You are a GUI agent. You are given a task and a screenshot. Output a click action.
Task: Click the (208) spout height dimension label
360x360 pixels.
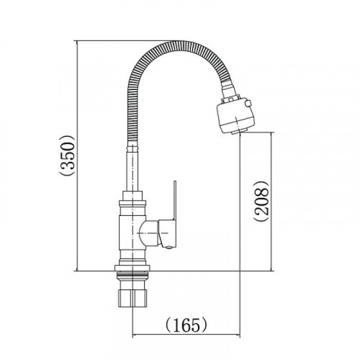point(261,201)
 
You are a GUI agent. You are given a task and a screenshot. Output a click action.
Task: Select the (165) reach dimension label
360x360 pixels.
point(186,325)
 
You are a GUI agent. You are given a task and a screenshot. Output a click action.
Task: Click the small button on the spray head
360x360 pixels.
point(248,103)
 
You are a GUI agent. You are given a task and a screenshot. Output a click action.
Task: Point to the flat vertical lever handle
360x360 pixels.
point(175,200)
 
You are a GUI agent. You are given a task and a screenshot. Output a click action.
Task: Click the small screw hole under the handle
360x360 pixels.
point(169,247)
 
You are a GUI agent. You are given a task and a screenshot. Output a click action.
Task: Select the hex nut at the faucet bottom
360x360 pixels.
point(132,298)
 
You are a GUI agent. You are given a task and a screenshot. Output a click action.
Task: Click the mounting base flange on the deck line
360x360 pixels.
point(132,268)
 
